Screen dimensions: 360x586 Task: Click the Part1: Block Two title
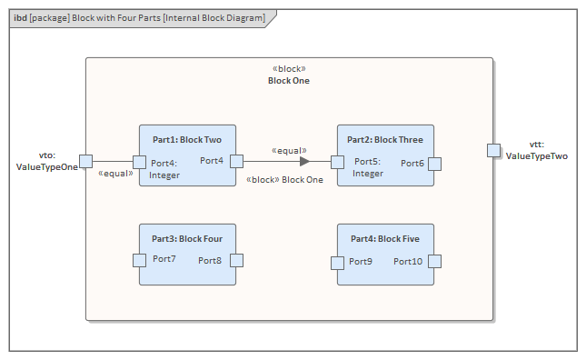coord(187,140)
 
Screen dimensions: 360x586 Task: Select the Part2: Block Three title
coord(384,140)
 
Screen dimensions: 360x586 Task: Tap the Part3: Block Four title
coord(187,239)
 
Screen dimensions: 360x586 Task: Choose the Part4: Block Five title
coord(384,239)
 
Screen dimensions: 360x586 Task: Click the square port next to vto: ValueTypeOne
coord(85,162)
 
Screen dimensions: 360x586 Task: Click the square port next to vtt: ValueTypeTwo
coord(493,150)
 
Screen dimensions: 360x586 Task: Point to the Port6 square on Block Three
coord(434,164)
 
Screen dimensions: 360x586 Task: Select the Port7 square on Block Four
coord(139,260)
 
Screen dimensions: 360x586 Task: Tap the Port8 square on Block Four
coord(236,260)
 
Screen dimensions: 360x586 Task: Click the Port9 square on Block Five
coord(337,263)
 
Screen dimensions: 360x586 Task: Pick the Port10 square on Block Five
coord(434,262)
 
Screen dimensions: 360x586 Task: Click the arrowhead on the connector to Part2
coord(305,162)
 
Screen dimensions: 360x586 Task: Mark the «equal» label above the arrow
coord(289,150)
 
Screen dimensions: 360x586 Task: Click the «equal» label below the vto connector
coord(115,173)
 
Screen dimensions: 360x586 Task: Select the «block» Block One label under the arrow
coord(284,180)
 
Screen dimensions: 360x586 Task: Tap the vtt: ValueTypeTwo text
coord(536,151)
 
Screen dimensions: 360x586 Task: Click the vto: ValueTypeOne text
coord(47,162)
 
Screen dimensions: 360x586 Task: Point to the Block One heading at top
coord(289,81)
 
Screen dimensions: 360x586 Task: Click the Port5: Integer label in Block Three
coord(368,167)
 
